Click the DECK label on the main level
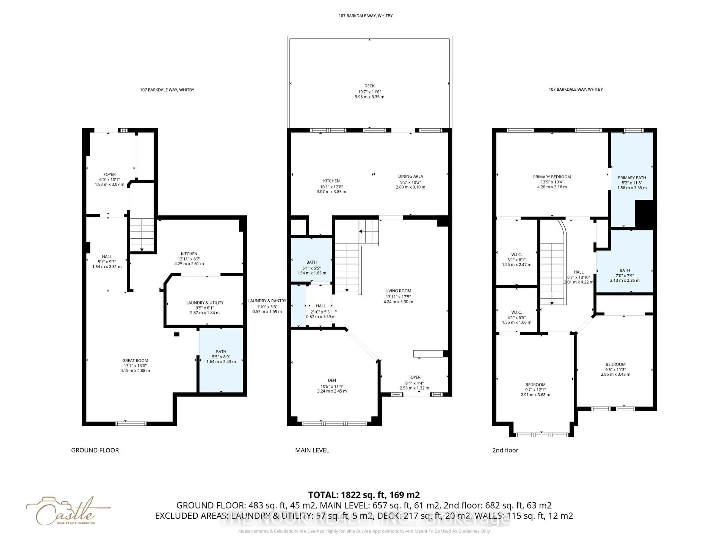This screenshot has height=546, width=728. click(369, 86)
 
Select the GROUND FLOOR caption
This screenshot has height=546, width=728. click(95, 450)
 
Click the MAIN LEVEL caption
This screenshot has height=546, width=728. click(312, 450)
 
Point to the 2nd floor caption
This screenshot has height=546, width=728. click(505, 450)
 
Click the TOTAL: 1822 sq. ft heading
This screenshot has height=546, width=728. click(364, 495)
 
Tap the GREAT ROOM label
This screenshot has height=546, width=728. click(135, 361)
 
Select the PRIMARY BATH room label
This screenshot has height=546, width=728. click(632, 178)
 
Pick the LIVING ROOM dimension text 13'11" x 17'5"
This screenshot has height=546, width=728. click(398, 297)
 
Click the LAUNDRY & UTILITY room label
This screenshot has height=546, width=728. click(205, 303)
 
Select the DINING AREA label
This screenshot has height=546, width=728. click(410, 176)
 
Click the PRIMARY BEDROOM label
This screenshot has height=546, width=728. click(552, 177)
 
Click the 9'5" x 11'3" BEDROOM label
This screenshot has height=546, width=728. click(615, 364)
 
